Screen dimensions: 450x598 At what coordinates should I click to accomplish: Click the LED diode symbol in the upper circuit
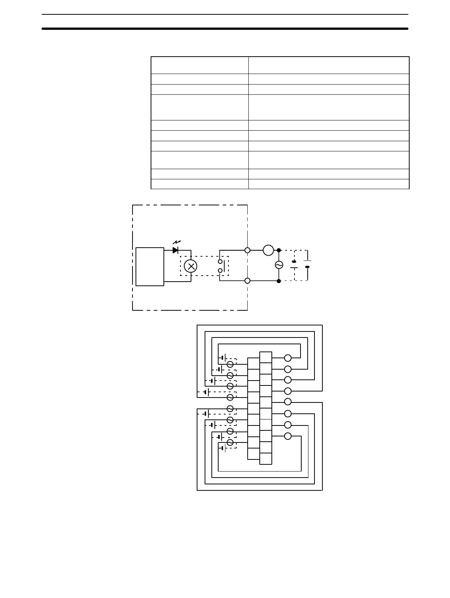tap(175, 250)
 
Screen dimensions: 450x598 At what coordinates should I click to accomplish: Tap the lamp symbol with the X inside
tap(191, 266)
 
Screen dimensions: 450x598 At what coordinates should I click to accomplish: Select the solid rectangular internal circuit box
tap(150, 267)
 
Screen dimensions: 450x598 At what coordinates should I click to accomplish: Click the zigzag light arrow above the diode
tap(176, 242)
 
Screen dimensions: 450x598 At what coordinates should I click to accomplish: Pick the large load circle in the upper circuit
tap(268, 250)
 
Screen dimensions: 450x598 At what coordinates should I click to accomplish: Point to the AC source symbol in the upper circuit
tap(279, 265)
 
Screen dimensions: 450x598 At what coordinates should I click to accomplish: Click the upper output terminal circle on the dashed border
tap(248, 250)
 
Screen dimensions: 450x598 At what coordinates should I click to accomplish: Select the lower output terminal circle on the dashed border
tap(248, 281)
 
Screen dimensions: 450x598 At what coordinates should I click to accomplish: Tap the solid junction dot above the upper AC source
tap(279, 250)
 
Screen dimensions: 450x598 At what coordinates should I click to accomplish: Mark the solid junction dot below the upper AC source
tap(279, 281)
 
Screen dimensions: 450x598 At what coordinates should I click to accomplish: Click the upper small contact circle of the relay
tap(220, 261)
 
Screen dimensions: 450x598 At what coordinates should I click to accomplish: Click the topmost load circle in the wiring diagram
tap(288, 358)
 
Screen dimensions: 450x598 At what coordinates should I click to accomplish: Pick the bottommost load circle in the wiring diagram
tap(288, 436)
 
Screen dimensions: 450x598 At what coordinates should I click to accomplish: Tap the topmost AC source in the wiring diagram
tap(230, 364)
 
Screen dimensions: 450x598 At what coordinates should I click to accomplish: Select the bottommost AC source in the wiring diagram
tap(230, 442)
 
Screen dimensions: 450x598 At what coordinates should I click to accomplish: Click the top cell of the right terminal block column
tap(265, 357)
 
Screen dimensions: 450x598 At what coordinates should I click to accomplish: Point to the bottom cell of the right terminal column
tap(265, 458)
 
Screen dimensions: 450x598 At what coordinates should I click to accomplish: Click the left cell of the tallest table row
tap(199, 107)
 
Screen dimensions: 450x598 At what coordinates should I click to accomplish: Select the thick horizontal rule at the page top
tap(225, 28)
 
